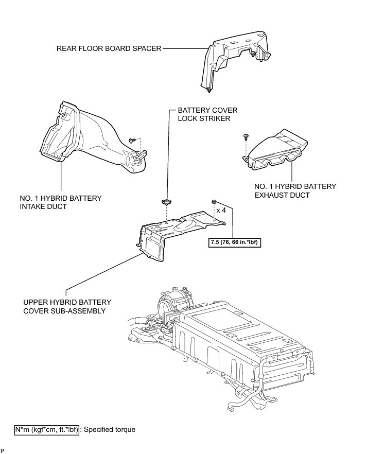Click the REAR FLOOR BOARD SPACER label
coord(109,49)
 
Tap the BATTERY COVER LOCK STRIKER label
coord(203,114)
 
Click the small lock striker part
coord(166,202)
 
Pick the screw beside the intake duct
coord(133,139)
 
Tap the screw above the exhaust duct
coord(246,136)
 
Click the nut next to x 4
coord(214,202)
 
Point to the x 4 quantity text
coord(222,211)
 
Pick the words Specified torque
coord(110,429)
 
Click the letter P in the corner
coord(3,450)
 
